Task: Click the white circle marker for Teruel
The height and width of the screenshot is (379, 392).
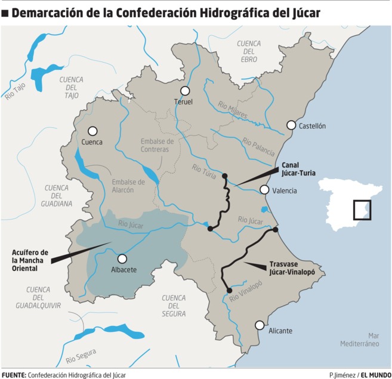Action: coord(185,91)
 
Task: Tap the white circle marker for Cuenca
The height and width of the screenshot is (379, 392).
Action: coord(92,131)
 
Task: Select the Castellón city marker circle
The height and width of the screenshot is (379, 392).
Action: coord(291,125)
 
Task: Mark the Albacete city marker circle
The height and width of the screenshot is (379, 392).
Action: coord(122,258)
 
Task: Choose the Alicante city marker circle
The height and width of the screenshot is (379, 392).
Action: coord(260,325)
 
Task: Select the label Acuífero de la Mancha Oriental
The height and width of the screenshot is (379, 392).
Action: coord(30,260)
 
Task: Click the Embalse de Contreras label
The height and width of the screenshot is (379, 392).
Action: coord(157,145)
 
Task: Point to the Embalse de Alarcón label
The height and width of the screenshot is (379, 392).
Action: coord(128,186)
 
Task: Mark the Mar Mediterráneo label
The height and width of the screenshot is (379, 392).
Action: coord(360,339)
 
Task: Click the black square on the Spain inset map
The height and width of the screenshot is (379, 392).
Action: coord(362,210)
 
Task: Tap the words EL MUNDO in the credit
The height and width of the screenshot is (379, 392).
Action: coord(375,375)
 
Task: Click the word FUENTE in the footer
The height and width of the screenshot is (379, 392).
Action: coord(14,375)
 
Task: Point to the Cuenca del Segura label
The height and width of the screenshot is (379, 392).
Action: coord(174,305)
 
